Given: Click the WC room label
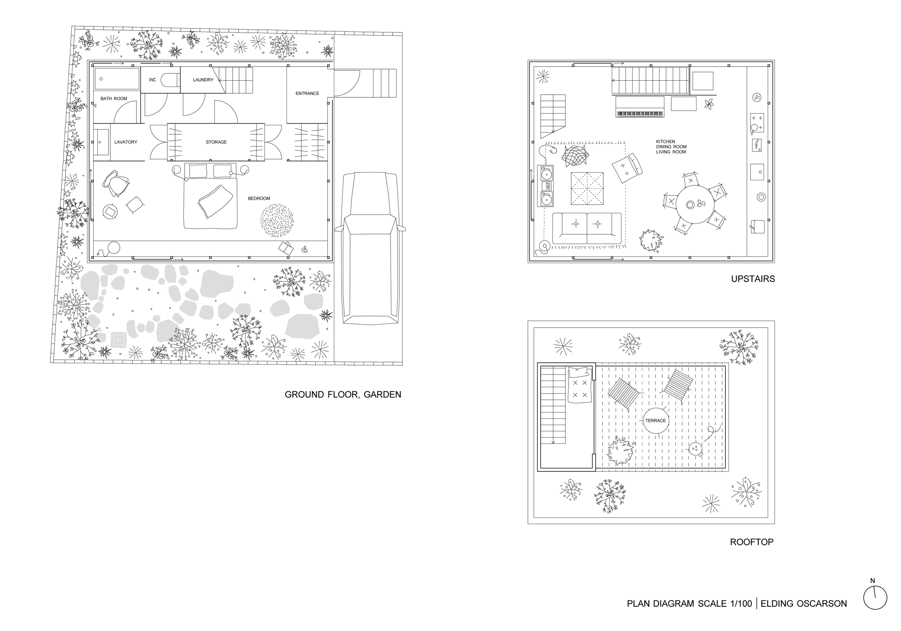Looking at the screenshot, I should pos(152,80).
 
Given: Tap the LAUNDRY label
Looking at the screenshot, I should pos(203,80).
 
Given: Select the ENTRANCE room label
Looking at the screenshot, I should pos(307,93).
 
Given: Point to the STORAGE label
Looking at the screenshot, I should pos(216,142).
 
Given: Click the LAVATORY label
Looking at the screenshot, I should pos(126,142).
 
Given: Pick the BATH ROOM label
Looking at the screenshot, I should pos(114,98).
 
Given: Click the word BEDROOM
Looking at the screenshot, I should pos(259,198).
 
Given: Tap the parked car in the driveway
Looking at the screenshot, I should pos(370,248).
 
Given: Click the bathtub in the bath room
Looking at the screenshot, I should pos(117,79).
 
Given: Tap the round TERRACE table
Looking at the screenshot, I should pos(655,421).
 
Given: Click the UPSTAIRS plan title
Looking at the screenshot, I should pos(753,279).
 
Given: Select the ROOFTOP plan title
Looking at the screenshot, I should pos(751,542).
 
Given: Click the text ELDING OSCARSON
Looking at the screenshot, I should pos(804,604).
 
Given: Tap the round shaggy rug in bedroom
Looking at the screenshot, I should pos(277,220).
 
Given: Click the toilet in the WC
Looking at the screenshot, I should pos(170,80).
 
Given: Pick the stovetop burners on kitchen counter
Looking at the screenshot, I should pos(757,123).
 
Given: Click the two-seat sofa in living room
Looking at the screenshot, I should pos(587,229).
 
